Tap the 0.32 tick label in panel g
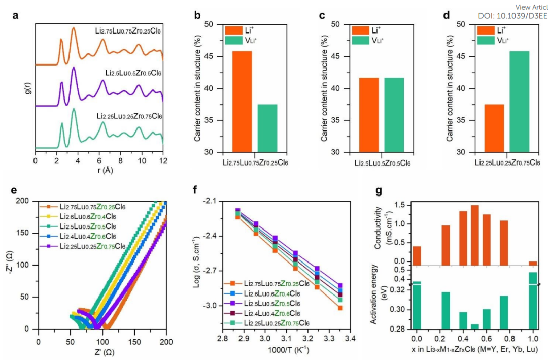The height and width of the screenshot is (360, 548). (x=399, y=290)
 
